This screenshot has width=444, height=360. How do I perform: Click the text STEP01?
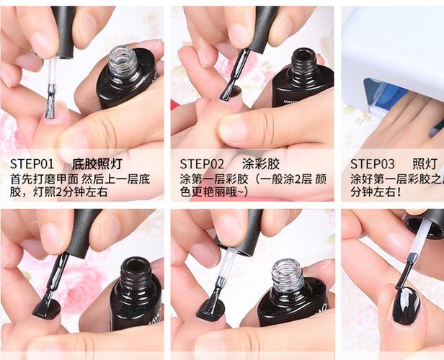(x=32, y=163)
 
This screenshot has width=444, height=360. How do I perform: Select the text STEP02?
(x=202, y=163)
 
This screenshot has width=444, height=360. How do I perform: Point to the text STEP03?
(x=373, y=163)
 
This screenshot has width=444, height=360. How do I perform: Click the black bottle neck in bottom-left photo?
(x=136, y=272)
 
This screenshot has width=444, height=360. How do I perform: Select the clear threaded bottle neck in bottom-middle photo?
(x=288, y=274)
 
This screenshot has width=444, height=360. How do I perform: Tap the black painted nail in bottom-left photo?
(x=46, y=308)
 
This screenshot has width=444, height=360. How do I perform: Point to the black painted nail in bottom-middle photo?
(x=210, y=309)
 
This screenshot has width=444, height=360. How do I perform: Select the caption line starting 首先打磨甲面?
(x=80, y=178)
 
